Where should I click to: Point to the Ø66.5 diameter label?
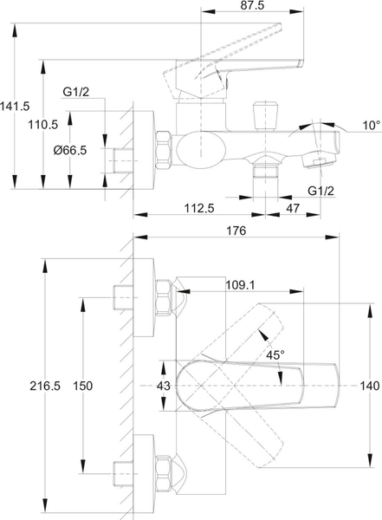[x=69, y=150]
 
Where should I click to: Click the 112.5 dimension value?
[x=199, y=208]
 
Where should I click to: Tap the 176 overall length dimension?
[x=236, y=231]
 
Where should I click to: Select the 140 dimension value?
[x=370, y=387]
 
